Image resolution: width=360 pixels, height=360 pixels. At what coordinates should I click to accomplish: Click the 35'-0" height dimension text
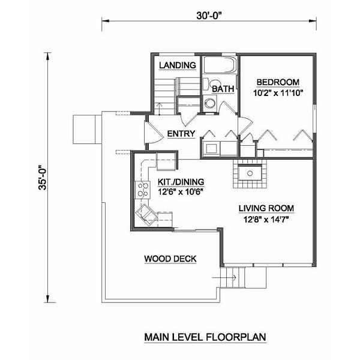pos(43,178)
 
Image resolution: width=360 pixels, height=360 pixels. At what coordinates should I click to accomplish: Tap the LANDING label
pos(178,65)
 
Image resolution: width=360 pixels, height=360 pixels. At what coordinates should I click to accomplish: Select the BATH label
pos(223,89)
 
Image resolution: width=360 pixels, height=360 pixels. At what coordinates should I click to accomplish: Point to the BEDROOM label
pos(278,82)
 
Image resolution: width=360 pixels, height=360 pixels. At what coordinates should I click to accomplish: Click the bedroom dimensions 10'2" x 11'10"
pos(278,93)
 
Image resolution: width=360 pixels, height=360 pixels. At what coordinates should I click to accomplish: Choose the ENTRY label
pos(181,133)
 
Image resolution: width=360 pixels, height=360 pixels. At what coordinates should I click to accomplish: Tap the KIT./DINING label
pos(181,182)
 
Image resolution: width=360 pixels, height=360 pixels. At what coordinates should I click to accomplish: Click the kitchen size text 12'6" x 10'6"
pos(181,192)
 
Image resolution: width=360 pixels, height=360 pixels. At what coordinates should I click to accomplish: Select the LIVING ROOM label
pos(266,208)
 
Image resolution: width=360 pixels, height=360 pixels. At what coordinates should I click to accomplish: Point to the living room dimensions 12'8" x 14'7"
pos(266,219)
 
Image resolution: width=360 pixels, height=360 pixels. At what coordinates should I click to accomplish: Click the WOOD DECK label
pos(170,259)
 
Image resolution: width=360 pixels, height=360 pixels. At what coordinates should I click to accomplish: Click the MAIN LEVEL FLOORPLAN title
pos(205,337)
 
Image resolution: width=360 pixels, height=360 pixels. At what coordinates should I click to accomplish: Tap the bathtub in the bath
pos(220,65)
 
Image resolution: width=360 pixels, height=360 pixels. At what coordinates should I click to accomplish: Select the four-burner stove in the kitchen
pos(142,190)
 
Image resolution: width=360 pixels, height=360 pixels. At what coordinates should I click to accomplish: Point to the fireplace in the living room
pos(250,173)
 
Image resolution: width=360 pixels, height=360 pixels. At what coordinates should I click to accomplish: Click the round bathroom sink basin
pos(209,103)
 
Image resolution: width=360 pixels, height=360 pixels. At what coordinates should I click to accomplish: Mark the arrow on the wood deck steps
pos(224,278)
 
